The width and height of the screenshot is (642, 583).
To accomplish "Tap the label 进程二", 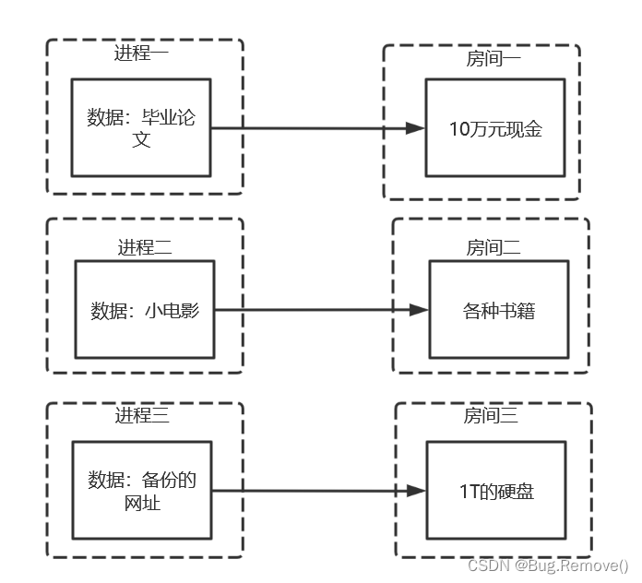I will click(144, 246).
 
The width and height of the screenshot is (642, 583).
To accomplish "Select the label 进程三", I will click(141, 416).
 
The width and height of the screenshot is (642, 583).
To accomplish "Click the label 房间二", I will click(493, 246).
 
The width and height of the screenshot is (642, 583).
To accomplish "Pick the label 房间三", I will click(490, 416).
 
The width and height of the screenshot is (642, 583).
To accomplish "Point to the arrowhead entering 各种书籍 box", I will click(420, 310).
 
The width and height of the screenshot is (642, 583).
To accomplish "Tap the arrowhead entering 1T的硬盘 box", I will click(417, 492).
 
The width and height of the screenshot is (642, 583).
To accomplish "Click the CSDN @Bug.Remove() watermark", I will click(548, 565).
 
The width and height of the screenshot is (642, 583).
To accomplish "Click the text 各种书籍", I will click(498, 311).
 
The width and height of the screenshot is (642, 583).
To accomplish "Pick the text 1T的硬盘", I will click(496, 492).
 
